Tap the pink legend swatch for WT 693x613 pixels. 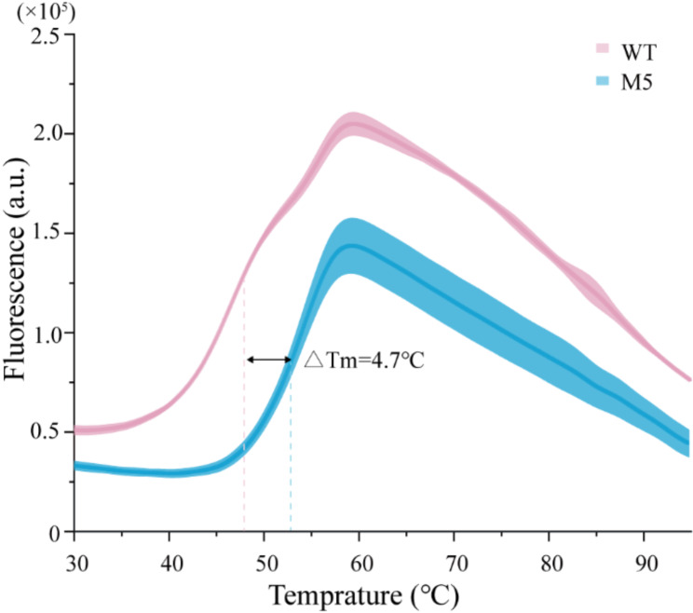(x=602, y=48)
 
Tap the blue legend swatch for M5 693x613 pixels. (x=602, y=82)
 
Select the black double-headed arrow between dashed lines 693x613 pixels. (x=268, y=360)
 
